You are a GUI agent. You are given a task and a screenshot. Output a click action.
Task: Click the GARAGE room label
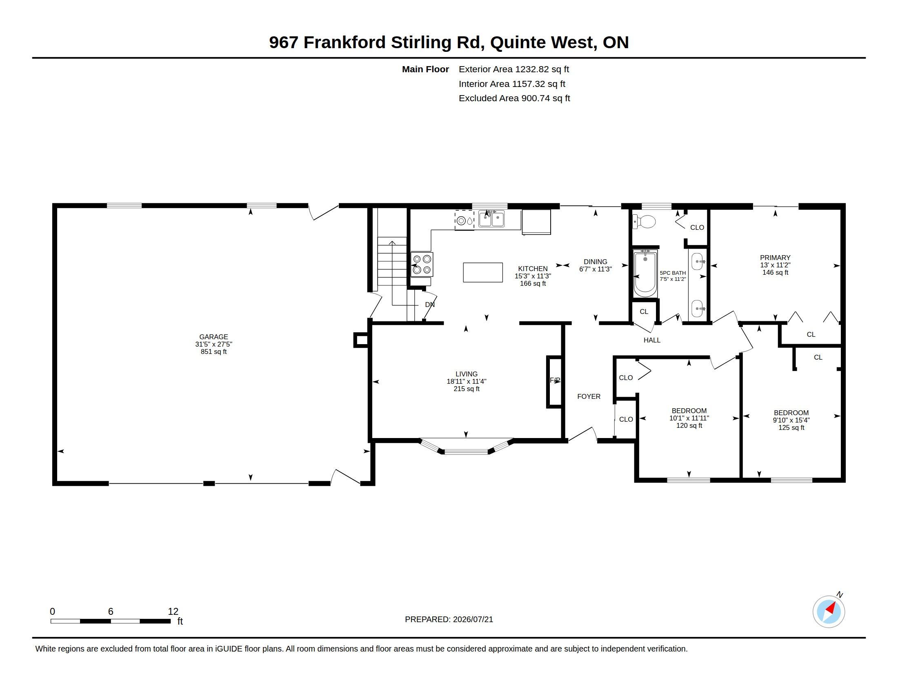[x=213, y=337]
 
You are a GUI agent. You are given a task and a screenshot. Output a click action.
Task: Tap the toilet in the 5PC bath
[x=644, y=222]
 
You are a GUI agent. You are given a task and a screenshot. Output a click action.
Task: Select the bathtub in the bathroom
[x=645, y=274]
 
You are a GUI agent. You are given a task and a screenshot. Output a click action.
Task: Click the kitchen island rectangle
[x=483, y=272]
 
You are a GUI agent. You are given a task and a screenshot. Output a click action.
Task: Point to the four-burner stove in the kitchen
[x=422, y=265]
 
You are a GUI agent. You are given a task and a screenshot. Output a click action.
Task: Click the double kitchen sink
[x=491, y=219]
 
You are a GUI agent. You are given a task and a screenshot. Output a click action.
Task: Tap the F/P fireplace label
[x=555, y=380]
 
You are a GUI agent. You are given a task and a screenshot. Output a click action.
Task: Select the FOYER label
[x=589, y=396]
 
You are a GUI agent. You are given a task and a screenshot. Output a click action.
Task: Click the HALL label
[x=652, y=340]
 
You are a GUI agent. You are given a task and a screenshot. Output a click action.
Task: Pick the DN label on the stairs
[x=430, y=305]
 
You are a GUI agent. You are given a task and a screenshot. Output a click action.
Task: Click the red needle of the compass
[x=831, y=608]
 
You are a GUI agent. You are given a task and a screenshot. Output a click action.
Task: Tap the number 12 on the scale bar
[x=173, y=612]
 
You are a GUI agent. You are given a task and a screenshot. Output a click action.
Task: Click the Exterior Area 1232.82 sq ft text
[x=514, y=69]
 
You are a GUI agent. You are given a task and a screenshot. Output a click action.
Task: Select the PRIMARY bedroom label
[x=775, y=258]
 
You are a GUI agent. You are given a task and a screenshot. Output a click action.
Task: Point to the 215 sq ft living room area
[x=466, y=389]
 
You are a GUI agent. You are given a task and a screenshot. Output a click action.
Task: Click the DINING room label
[x=596, y=262]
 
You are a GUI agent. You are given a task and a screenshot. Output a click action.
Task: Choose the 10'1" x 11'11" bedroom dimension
[x=689, y=418]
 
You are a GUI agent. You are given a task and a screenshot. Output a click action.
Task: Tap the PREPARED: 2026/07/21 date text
[x=449, y=619]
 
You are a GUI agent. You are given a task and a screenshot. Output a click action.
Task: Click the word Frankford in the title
[x=345, y=42]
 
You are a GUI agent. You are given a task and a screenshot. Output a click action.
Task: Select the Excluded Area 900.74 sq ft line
[x=514, y=98]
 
